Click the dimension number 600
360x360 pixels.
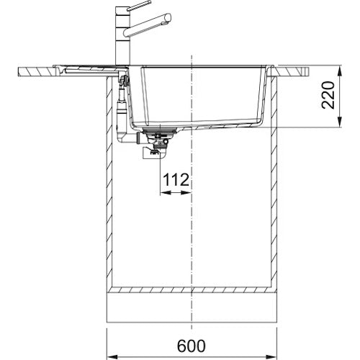[x=192, y=346]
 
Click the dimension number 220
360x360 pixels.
[x=328, y=95]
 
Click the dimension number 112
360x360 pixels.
[x=176, y=180]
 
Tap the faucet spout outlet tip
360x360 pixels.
[x=168, y=18]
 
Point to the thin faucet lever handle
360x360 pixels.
[x=138, y=5]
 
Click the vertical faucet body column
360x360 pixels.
[x=122, y=36]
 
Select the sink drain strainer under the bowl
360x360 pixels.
[x=160, y=131]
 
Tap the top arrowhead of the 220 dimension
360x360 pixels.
[x=339, y=71]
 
